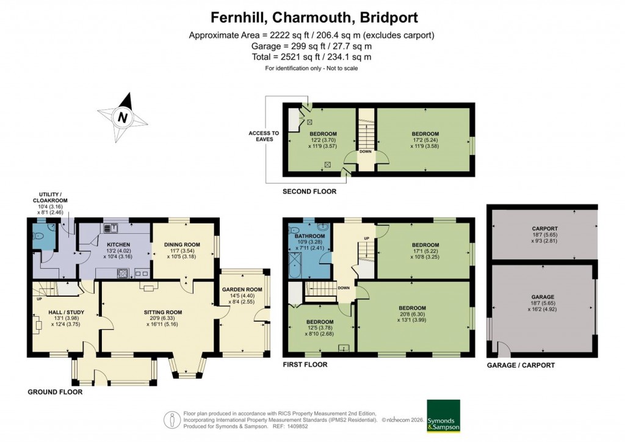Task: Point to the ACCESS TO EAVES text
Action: [264, 136]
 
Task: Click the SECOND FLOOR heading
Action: [309, 192]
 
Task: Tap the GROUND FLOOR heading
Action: [55, 392]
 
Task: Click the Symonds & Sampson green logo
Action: [443, 416]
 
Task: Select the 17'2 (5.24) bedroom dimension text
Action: [424, 140]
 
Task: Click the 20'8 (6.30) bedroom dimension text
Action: [413, 314]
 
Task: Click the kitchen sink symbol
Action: [111, 228]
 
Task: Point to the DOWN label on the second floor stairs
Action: [366, 152]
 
